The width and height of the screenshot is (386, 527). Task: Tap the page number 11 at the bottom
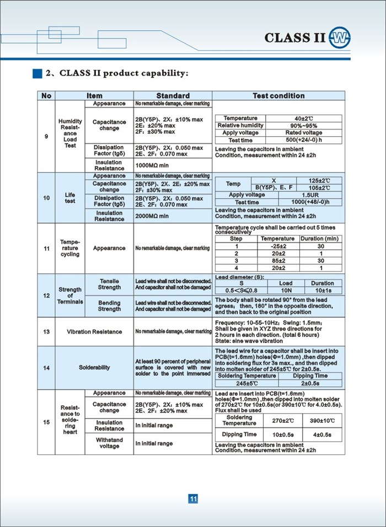[x=193, y=499]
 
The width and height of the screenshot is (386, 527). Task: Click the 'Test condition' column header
[x=278, y=96]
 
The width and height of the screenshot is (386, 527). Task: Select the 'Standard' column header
[x=173, y=96]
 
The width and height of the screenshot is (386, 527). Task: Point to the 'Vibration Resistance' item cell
[x=94, y=331]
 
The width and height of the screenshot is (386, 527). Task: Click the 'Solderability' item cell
[x=94, y=367]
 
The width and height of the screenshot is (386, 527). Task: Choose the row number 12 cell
[x=46, y=295]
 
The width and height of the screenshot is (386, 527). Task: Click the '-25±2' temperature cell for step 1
[x=278, y=246]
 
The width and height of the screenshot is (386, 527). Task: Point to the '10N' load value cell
[x=286, y=290]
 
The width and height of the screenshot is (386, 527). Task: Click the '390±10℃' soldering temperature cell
[x=321, y=421]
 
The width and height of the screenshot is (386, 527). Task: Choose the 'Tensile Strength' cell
[x=109, y=284]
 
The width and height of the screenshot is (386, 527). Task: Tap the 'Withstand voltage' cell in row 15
[x=109, y=443]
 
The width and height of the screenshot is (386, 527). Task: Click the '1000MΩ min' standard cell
[x=152, y=165]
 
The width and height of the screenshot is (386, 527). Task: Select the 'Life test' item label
[x=69, y=198]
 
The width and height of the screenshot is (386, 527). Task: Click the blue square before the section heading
[x=37, y=73]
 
